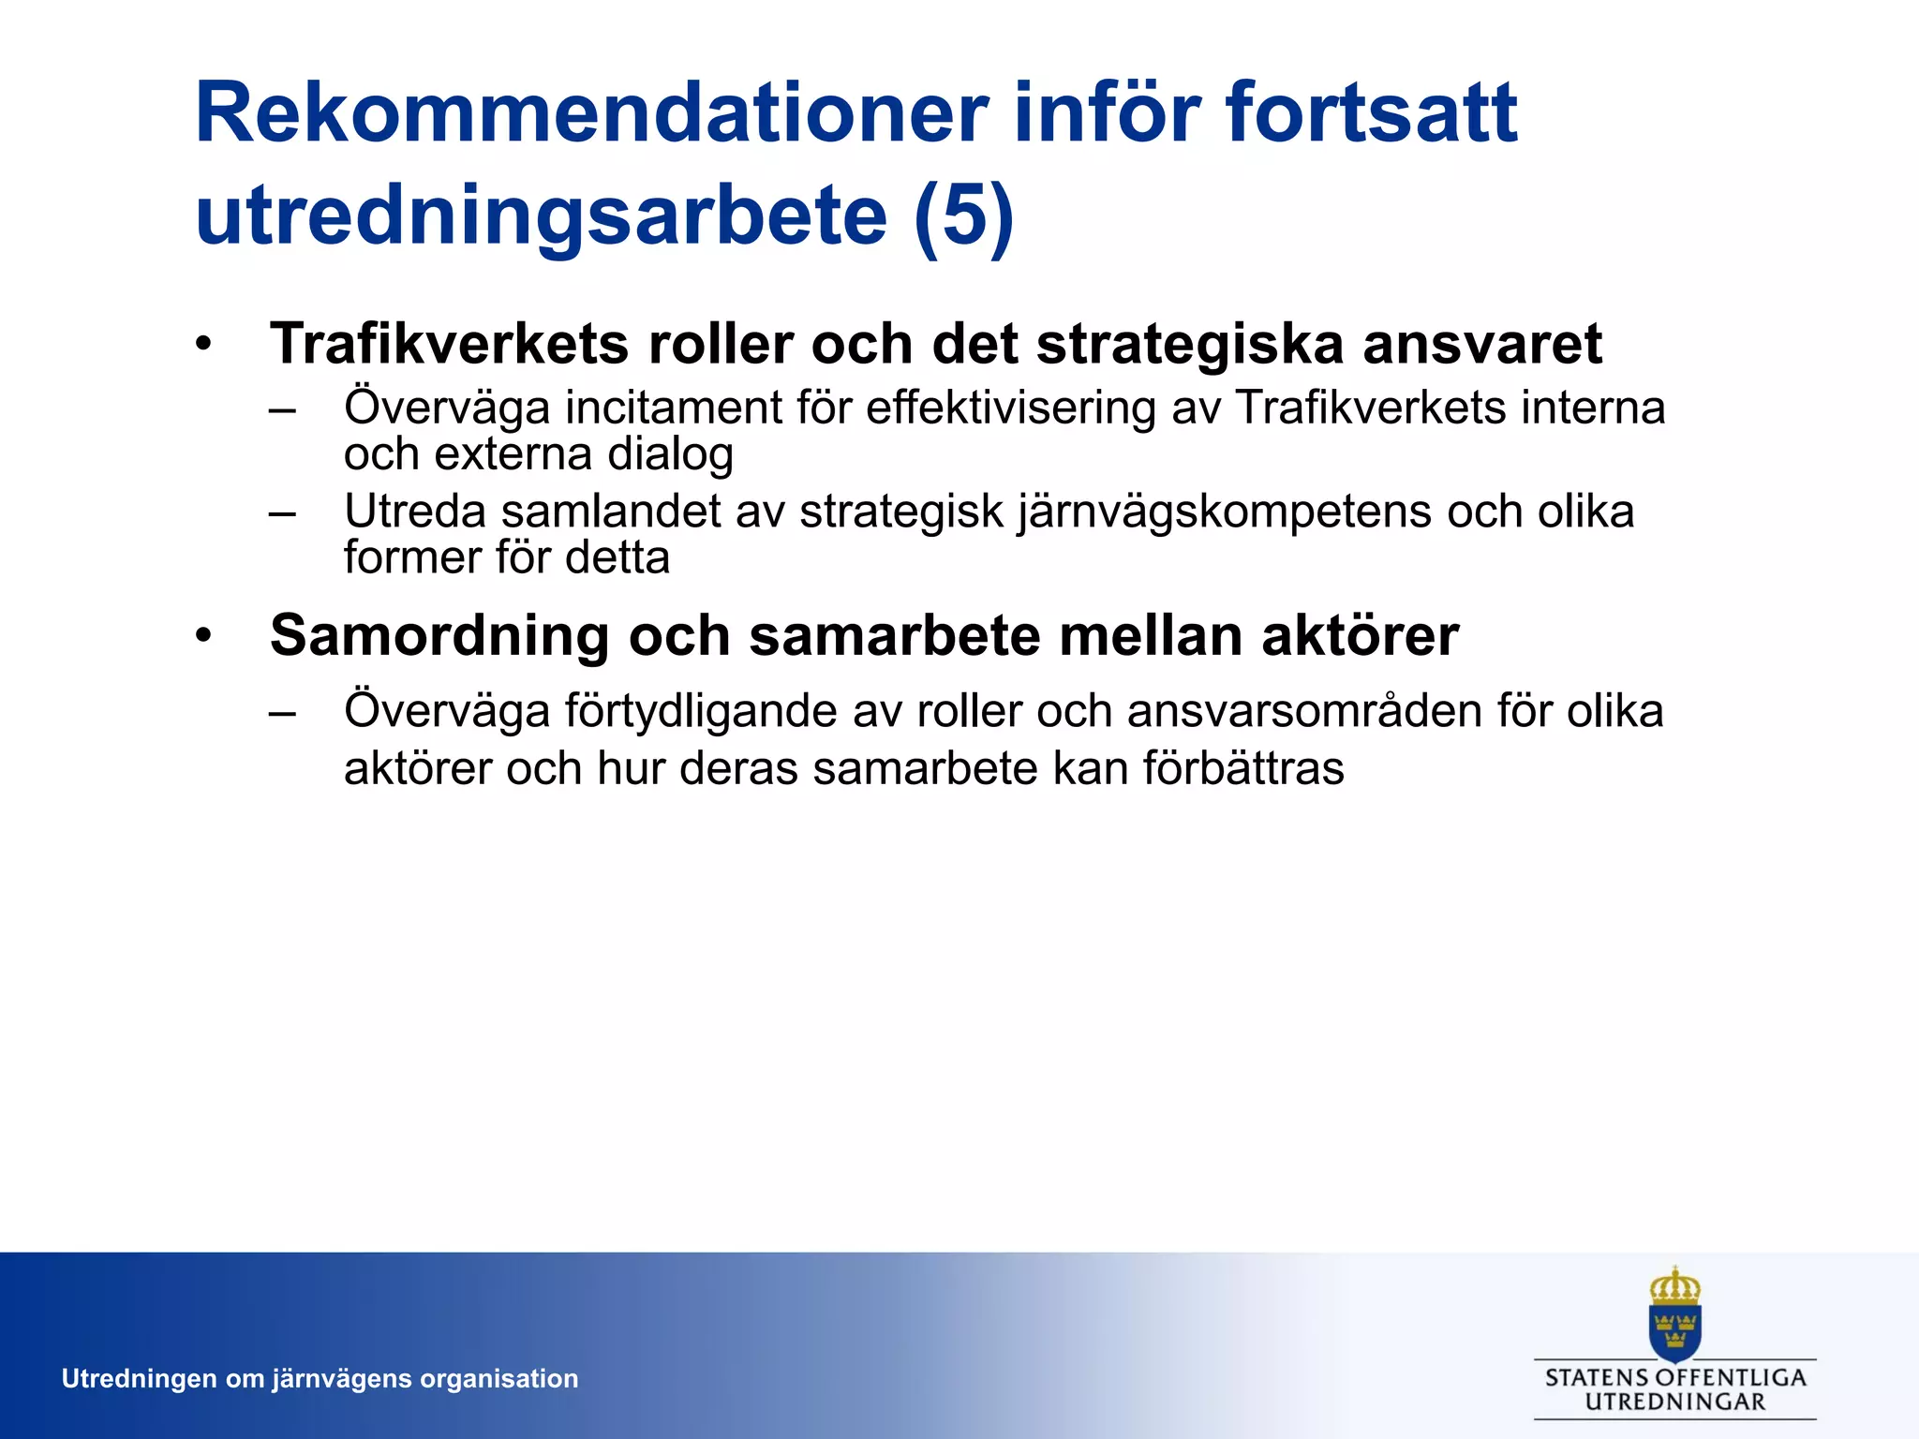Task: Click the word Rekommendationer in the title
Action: pyautogui.click(x=590, y=113)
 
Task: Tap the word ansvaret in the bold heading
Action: pyautogui.click(x=1481, y=344)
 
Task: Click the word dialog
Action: pyautogui.click(x=669, y=455)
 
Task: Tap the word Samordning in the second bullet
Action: pyautogui.click(x=439, y=636)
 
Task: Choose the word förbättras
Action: pyautogui.click(x=1243, y=769)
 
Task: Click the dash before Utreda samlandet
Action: pyautogui.click(x=281, y=513)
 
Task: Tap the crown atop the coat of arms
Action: pyautogui.click(x=1674, y=1286)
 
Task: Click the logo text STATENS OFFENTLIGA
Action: pyautogui.click(x=1674, y=1377)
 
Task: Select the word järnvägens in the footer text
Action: pyautogui.click(x=341, y=1379)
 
